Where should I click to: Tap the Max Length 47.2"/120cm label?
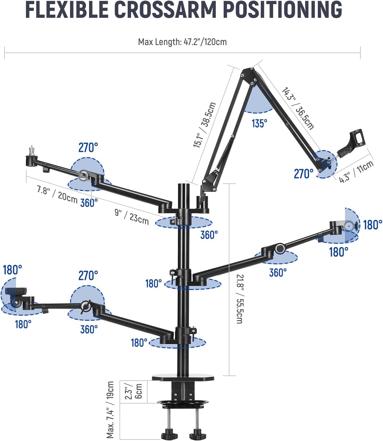tap(182, 42)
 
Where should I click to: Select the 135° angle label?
tap(260, 123)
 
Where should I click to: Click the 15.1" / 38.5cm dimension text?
tap(205, 125)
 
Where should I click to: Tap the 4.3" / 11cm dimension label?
tap(356, 172)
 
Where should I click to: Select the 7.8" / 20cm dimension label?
tap(57, 194)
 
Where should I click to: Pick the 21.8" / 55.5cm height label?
tap(239, 299)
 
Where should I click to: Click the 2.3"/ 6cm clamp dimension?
tap(133, 392)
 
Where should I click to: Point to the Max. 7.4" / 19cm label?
tap(110, 410)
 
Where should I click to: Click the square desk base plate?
tap(183, 378)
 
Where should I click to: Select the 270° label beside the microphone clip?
tap(304, 174)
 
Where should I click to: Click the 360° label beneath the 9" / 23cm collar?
tap(209, 235)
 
